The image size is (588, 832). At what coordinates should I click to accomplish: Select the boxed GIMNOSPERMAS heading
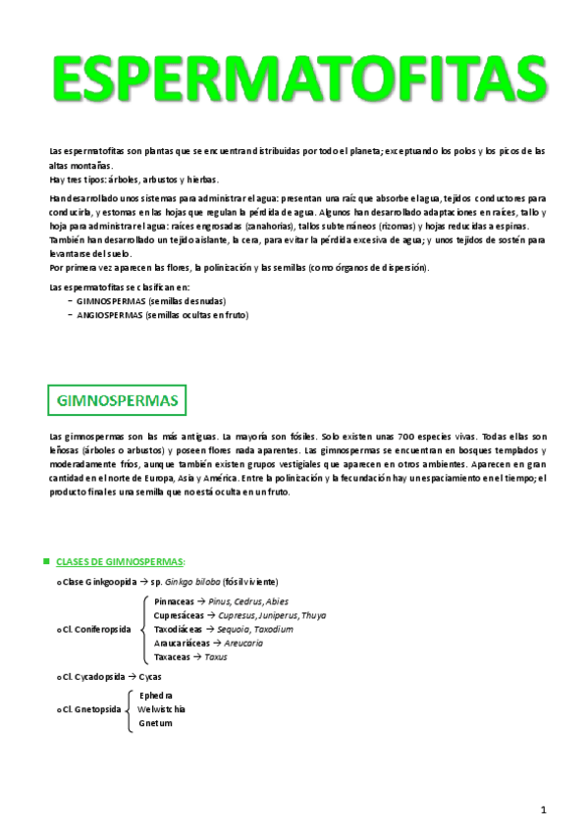click(x=118, y=401)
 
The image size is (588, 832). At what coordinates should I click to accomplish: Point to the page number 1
click(x=542, y=808)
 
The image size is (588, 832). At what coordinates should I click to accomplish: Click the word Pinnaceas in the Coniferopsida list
click(x=175, y=600)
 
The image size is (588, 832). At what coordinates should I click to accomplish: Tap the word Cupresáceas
click(x=181, y=615)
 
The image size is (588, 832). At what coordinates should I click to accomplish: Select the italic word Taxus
click(x=216, y=656)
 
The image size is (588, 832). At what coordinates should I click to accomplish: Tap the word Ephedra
click(x=157, y=695)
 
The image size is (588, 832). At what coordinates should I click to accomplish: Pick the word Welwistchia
click(x=162, y=708)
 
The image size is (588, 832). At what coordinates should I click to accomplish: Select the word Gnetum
click(x=155, y=723)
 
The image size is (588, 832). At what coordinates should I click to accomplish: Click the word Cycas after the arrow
click(x=152, y=677)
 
